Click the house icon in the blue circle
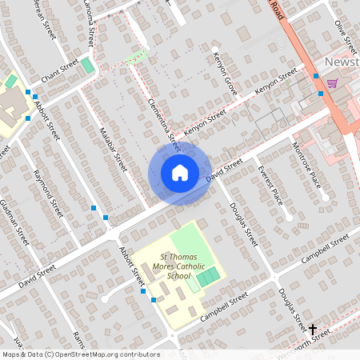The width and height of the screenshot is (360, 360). (x=179, y=172)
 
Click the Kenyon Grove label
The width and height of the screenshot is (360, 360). (x=225, y=74)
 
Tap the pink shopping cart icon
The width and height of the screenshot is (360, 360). (x=331, y=83)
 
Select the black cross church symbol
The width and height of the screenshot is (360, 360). (x=313, y=329)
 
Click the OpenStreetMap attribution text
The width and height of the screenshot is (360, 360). (x=80, y=354)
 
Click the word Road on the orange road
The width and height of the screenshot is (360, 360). (x=277, y=10)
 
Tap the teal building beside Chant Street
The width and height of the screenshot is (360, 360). (x=86, y=64)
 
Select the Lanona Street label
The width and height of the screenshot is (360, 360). (x=89, y=24)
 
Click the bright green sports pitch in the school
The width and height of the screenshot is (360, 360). (x=208, y=278)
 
